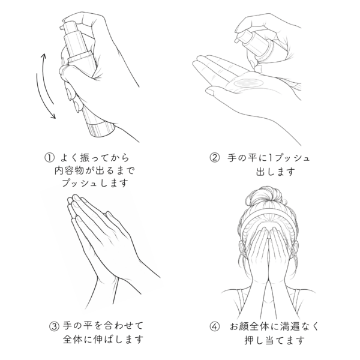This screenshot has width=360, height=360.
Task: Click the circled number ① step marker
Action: (x=49, y=158)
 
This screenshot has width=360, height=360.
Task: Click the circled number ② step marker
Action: (x=215, y=158)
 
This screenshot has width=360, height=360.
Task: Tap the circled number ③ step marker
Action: (x=55, y=326)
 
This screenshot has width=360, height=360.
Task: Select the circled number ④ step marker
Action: (x=215, y=326)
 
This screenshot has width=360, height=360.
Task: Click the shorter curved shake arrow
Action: (x=47, y=78)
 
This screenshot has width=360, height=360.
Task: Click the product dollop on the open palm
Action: (x=248, y=83)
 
